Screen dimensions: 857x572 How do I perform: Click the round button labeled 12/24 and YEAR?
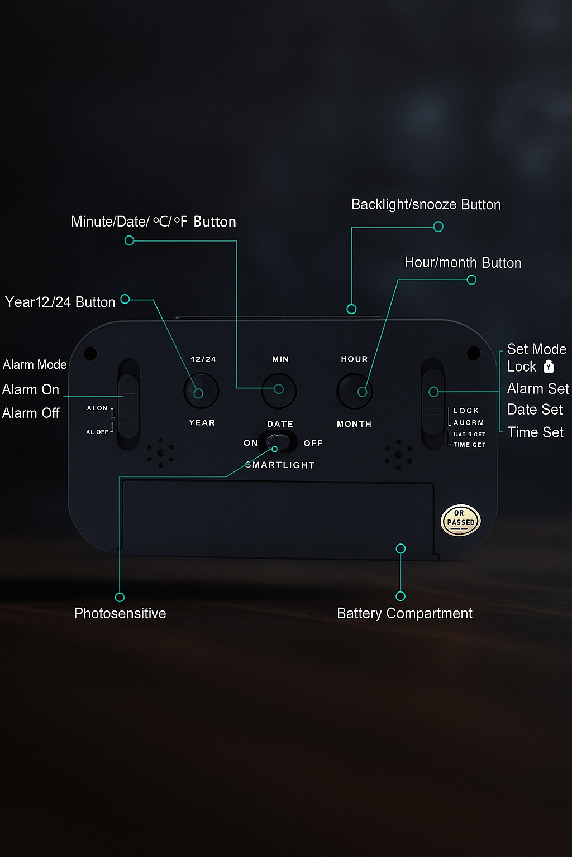[201, 391]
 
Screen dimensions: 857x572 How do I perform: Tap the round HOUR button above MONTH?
[354, 391]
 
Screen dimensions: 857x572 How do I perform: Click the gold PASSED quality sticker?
[460, 520]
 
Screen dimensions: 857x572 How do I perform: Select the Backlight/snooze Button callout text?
[426, 205]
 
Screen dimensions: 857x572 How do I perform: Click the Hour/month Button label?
[463, 263]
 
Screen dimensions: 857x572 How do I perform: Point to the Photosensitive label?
[120, 613]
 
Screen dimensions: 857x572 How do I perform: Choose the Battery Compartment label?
[404, 613]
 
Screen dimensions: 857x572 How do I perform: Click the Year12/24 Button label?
[60, 302]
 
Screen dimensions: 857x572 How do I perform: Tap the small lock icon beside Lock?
[549, 367]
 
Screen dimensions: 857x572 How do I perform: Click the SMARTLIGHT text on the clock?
[280, 465]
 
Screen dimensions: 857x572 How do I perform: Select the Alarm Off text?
[31, 413]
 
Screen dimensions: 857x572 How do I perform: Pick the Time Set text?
[535, 432]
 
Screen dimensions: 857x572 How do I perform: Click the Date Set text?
[535, 410]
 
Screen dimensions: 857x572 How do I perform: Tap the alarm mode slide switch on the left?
[128, 404]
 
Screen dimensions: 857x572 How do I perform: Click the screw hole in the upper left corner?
[90, 353]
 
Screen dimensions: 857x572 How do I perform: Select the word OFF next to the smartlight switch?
[313, 444]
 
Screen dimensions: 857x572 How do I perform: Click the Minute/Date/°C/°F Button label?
[153, 222]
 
